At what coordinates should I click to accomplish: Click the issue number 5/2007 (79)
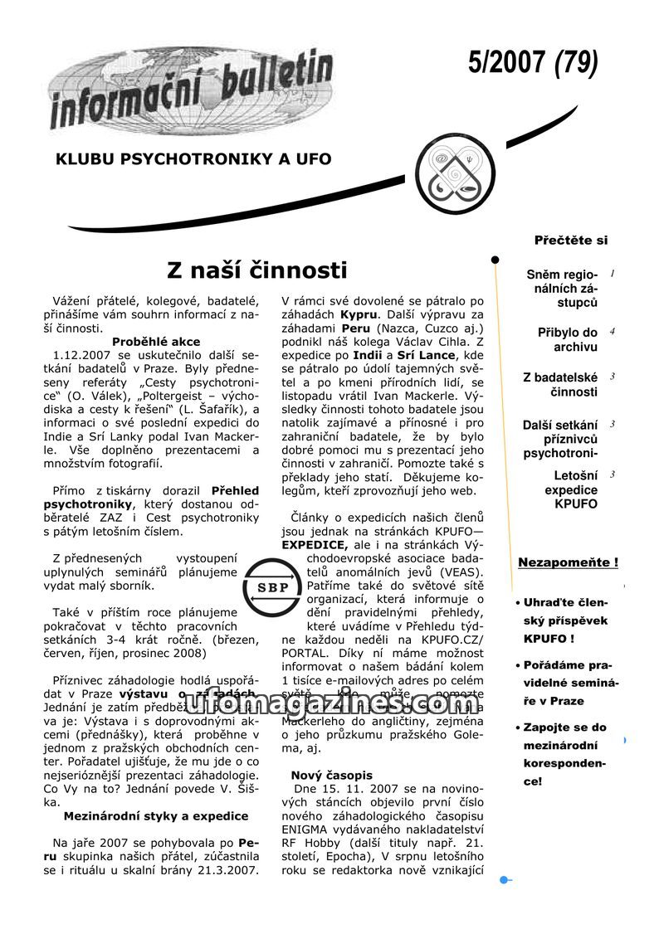tap(532, 63)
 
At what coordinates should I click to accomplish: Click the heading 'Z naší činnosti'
tap(256, 270)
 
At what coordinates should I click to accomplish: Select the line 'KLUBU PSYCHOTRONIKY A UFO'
tap(193, 158)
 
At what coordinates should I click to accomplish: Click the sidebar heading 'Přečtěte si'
tap(571, 241)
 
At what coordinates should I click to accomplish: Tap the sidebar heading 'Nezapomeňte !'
tap(568, 563)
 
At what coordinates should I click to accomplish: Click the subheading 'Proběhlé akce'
tap(156, 341)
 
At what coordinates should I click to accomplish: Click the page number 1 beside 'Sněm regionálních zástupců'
tap(613, 273)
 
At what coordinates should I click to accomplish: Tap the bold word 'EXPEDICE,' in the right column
tap(315, 546)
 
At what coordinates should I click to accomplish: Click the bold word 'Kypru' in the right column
tap(359, 315)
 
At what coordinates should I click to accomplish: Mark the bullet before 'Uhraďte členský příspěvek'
tap(518, 603)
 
